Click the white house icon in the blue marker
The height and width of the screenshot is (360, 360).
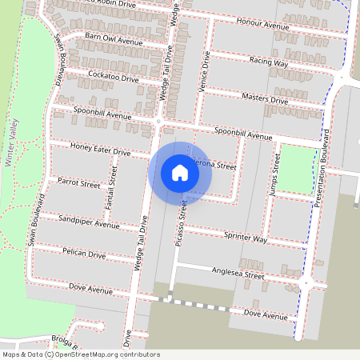[180, 172]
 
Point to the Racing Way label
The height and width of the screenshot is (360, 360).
[268, 61]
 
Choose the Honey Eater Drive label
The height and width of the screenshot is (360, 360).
[100, 150]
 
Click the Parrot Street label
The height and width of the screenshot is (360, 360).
[78, 184]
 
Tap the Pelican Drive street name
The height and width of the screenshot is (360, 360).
[84, 254]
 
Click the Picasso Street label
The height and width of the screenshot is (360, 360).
[182, 213]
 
